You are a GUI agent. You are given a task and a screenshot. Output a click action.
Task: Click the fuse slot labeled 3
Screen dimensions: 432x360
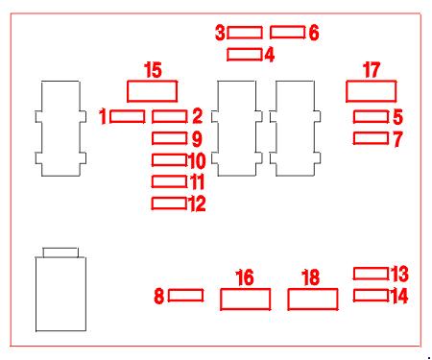pyautogui.click(x=245, y=33)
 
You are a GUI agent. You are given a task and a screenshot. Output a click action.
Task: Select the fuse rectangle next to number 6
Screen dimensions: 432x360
pyautogui.click(x=287, y=33)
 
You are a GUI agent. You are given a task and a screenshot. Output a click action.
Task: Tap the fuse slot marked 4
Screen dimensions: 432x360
pyautogui.click(x=245, y=55)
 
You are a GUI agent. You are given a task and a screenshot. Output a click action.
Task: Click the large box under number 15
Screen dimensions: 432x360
pyautogui.click(x=153, y=91)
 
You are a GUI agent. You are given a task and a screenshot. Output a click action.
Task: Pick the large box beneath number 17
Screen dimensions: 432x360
pyautogui.click(x=372, y=91)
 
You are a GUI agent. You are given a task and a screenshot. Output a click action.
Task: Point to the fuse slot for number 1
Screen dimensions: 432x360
pyautogui.click(x=127, y=116)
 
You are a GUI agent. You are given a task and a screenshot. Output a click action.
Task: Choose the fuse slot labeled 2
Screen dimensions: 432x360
pyautogui.click(x=170, y=116)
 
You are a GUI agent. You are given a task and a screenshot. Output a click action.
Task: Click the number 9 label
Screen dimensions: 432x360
pyautogui.click(x=197, y=139)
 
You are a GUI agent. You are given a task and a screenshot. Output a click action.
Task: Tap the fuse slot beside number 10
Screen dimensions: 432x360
pyautogui.click(x=170, y=160)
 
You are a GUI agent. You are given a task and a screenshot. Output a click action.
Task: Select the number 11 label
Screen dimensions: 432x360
pyautogui.click(x=198, y=181)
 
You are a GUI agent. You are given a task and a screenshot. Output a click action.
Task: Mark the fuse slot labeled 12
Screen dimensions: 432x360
pyautogui.click(x=169, y=204)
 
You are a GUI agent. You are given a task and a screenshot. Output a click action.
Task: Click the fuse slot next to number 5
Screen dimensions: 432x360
pyautogui.click(x=372, y=116)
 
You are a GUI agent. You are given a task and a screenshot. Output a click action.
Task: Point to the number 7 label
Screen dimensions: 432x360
pyautogui.click(x=397, y=139)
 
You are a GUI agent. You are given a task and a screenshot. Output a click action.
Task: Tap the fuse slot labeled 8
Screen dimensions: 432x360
pyautogui.click(x=186, y=296)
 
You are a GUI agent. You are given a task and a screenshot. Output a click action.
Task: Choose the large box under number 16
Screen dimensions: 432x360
pyautogui.click(x=246, y=300)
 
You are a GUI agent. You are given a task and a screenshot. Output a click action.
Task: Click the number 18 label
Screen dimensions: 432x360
pyautogui.click(x=311, y=277)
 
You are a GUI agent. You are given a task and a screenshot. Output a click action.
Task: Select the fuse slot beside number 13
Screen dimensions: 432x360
pyautogui.click(x=372, y=274)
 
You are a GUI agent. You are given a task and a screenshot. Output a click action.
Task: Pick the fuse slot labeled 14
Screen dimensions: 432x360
pyautogui.click(x=372, y=296)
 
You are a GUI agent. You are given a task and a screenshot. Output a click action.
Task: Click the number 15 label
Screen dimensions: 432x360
pyautogui.click(x=153, y=70)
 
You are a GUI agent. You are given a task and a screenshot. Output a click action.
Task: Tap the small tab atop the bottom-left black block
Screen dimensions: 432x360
pyautogui.click(x=60, y=252)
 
